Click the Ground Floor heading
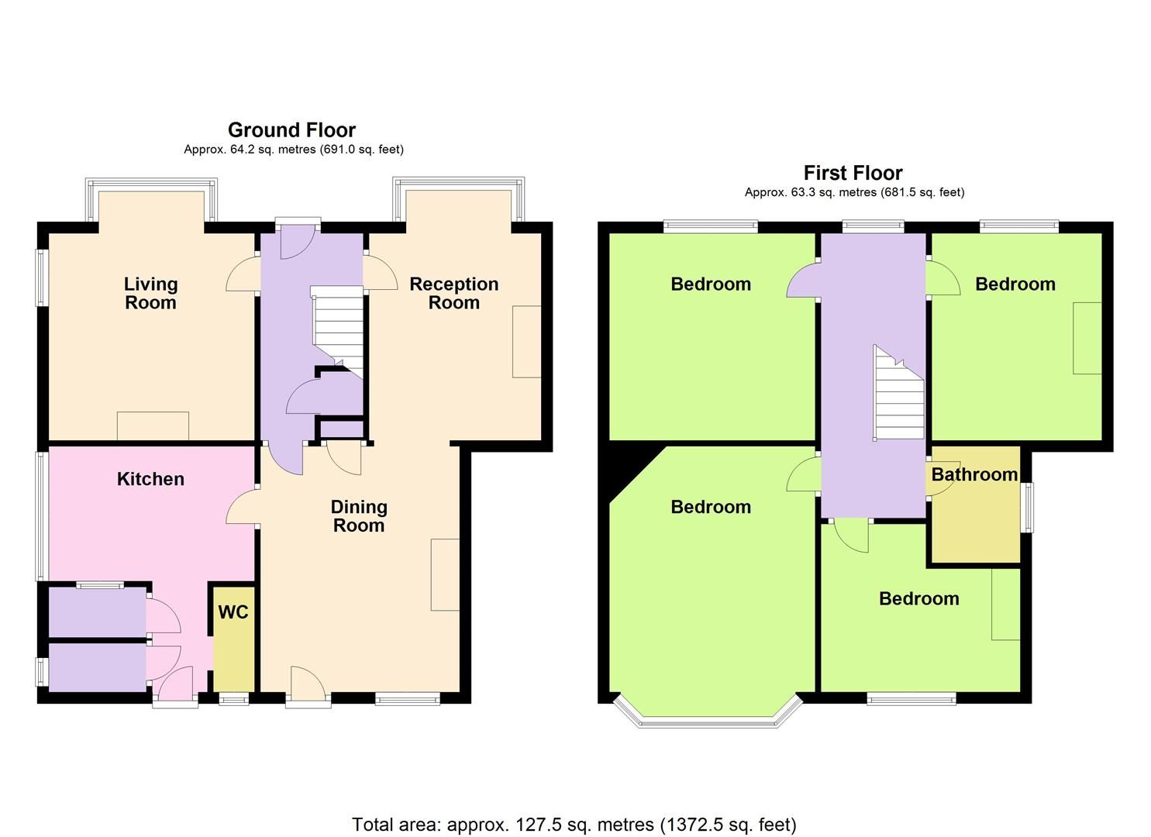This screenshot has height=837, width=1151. click(291, 130)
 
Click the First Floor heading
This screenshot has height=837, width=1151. click(853, 173)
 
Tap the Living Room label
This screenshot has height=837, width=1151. click(151, 294)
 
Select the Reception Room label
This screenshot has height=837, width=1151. click(453, 294)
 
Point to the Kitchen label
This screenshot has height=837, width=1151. click(150, 479)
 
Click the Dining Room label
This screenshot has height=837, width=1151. click(358, 516)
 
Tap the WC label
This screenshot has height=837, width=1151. click(233, 612)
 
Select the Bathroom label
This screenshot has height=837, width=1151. click(974, 474)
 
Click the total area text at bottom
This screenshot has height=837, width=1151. click(574, 825)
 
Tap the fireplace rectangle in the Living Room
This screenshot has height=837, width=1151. click(153, 425)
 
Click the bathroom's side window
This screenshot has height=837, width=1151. click(1028, 508)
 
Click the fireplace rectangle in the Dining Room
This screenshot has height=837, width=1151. click(445, 573)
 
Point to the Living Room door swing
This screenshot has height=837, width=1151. click(241, 275)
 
